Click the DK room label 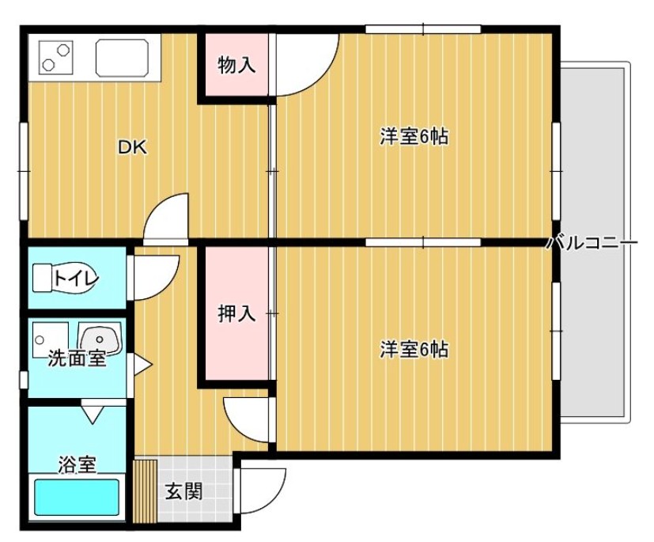(133, 147)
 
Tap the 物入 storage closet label (236, 66)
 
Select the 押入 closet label (236, 313)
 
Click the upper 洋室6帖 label (414, 137)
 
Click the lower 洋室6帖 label (414, 349)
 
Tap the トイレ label (76, 278)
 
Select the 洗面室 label (77, 358)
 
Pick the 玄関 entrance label (183, 491)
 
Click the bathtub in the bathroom (76, 498)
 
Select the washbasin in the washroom (101, 339)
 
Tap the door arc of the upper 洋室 (304, 67)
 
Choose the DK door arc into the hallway (167, 217)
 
